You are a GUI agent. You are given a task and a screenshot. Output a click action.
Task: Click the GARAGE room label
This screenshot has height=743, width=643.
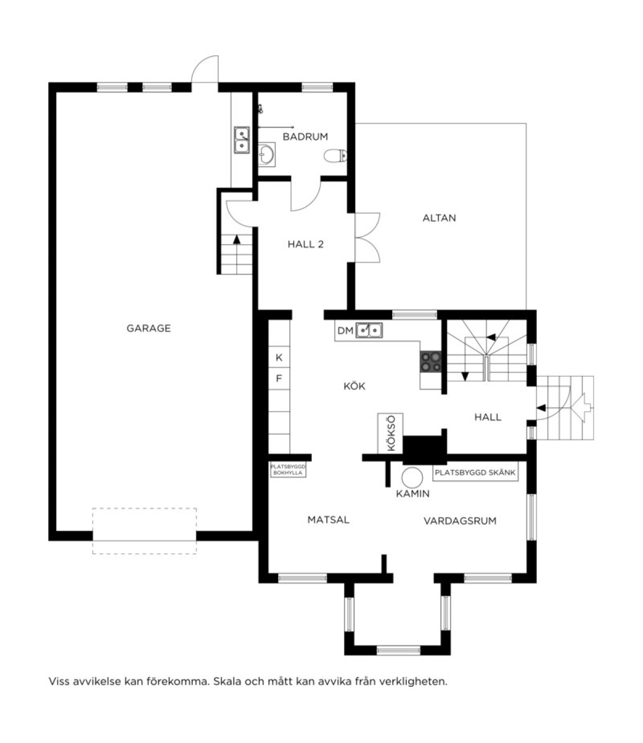(x=148, y=328)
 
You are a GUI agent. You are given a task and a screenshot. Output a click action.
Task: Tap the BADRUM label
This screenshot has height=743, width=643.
(x=305, y=137)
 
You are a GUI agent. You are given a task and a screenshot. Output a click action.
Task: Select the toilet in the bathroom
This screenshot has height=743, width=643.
(x=335, y=156)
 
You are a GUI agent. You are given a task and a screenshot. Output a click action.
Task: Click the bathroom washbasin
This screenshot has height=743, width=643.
(x=267, y=155)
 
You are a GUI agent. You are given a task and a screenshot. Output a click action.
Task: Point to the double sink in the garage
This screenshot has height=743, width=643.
(x=242, y=140)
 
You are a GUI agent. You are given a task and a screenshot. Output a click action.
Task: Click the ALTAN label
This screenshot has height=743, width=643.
(x=439, y=218)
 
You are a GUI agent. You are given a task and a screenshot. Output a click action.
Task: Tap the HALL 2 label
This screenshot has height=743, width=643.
(x=305, y=245)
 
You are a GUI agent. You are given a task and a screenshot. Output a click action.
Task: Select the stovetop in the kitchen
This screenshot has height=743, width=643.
(x=431, y=361)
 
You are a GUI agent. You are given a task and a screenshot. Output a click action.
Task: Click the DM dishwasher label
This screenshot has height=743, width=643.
(x=345, y=331)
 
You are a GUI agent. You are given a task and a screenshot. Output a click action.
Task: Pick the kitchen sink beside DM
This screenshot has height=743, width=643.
(x=369, y=330)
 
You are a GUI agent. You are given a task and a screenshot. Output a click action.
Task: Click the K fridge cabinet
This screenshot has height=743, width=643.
(x=279, y=357)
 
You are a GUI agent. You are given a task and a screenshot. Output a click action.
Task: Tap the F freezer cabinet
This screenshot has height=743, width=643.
(x=279, y=378)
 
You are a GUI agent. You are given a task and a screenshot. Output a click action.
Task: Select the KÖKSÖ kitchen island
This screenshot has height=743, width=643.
(x=390, y=434)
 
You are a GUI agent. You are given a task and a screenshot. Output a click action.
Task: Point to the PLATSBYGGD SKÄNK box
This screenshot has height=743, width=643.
(x=475, y=473)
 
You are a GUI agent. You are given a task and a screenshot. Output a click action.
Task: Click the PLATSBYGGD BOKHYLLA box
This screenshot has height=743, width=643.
(x=288, y=470)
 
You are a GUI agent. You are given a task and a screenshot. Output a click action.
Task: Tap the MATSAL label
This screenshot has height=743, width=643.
(x=328, y=520)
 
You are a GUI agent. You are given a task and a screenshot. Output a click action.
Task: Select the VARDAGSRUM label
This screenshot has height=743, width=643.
(x=460, y=521)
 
